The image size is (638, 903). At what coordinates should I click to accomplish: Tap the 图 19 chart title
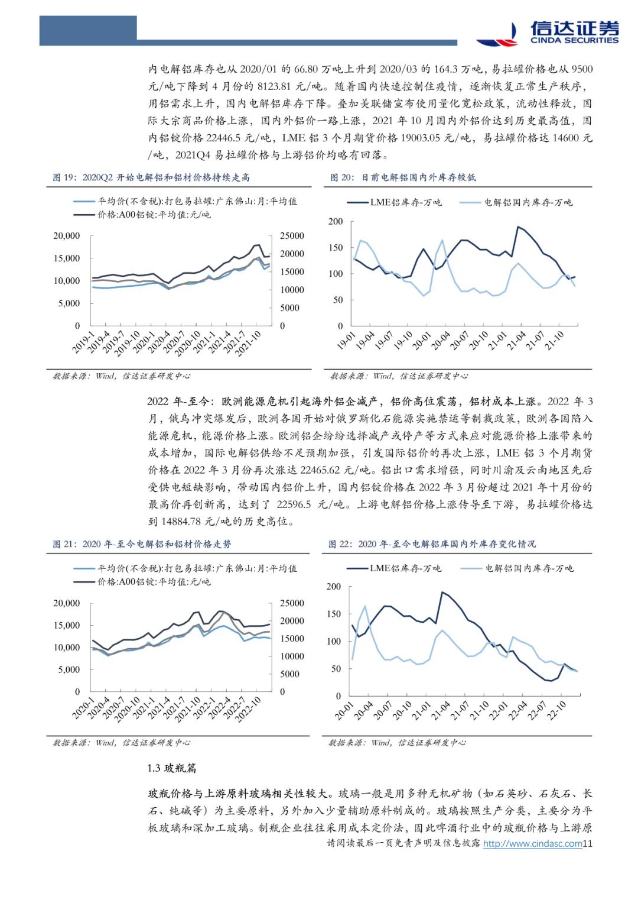[151, 177]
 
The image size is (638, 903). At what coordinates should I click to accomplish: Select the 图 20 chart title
[403, 177]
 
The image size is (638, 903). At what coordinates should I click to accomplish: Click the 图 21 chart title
[142, 544]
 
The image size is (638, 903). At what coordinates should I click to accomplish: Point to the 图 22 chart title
[432, 544]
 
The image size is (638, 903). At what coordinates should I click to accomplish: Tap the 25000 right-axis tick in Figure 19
[292, 235]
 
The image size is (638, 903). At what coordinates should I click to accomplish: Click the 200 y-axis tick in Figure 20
[336, 221]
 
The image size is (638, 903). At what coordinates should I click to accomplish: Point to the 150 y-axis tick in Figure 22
[334, 614]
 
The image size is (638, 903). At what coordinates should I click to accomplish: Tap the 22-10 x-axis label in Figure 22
[556, 710]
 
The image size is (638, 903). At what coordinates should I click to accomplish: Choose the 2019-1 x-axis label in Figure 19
[84, 342]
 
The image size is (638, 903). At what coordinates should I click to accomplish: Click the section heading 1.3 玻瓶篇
[172, 768]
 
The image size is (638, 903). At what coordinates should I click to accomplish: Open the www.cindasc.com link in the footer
[532, 844]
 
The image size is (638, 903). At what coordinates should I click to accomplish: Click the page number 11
[587, 844]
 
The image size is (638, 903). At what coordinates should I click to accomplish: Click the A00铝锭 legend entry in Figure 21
[154, 582]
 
